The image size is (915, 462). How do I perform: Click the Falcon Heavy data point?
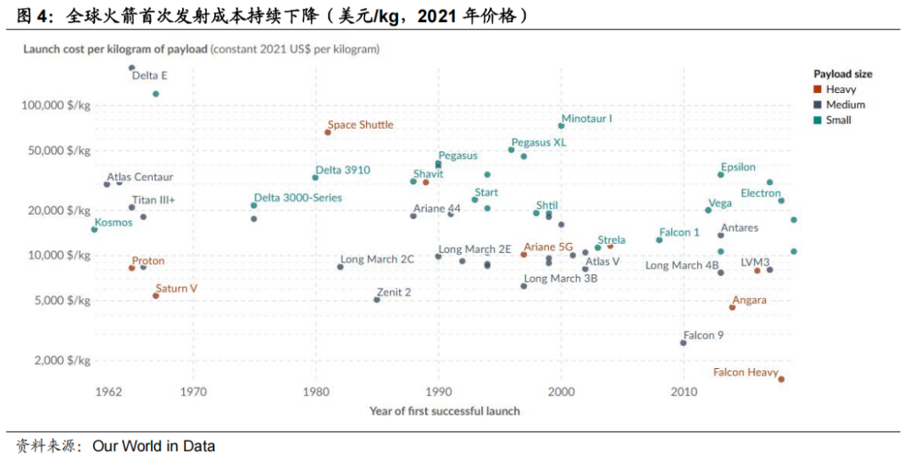[781, 379]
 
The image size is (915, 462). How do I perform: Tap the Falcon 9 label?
[703, 335]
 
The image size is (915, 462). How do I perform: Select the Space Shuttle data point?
[328, 132]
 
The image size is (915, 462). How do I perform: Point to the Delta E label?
[149, 75]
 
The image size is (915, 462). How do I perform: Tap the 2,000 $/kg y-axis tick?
[62, 360]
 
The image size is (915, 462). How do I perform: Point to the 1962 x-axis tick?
[108, 392]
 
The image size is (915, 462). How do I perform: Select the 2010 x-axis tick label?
[684, 392]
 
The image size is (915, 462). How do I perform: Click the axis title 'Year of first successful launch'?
[444, 411]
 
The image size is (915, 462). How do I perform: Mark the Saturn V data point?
[156, 295]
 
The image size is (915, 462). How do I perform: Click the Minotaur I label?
[586, 118]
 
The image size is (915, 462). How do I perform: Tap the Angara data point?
[732, 307]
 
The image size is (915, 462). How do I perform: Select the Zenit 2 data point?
[377, 300]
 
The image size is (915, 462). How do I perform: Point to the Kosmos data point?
[94, 229]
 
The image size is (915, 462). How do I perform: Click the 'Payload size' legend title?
[842, 74]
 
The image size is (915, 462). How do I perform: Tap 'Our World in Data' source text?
[153, 446]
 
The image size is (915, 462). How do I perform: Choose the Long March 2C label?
[377, 259]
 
